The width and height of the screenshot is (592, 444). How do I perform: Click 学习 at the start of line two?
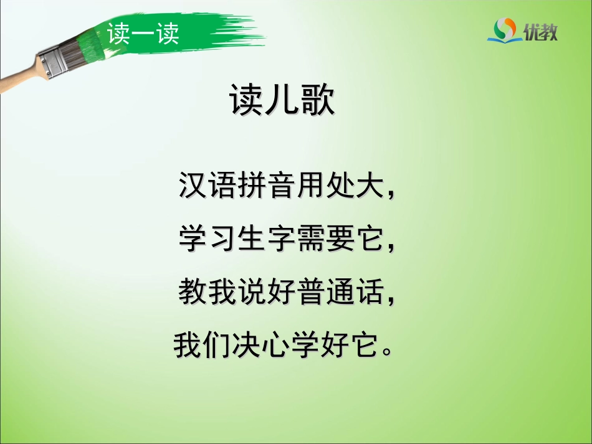tap(207, 240)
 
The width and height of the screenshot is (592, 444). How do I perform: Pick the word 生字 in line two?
tap(265, 240)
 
